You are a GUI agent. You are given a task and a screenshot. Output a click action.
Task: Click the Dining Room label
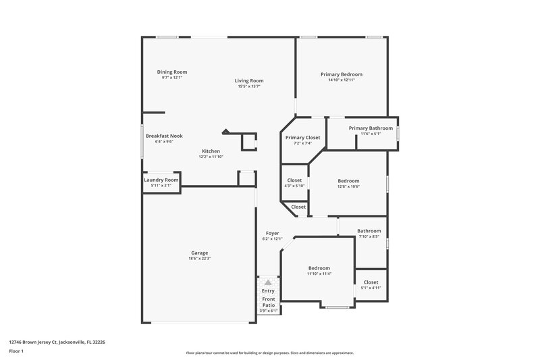[x=172, y=72]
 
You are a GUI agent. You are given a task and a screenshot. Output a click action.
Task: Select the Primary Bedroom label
[x=341, y=74]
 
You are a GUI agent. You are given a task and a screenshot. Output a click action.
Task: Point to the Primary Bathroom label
[x=371, y=128]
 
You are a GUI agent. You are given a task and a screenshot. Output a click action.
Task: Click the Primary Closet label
[x=302, y=138]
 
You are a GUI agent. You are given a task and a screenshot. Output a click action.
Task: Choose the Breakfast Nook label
[x=164, y=136]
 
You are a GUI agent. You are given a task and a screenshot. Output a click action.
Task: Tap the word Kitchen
[x=211, y=151]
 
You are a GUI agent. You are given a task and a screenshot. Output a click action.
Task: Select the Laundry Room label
[x=161, y=180]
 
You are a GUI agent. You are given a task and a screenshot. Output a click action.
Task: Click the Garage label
[x=199, y=253]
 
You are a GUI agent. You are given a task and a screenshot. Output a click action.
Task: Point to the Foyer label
[x=272, y=233]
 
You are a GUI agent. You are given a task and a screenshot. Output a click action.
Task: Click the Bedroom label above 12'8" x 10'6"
[x=348, y=180]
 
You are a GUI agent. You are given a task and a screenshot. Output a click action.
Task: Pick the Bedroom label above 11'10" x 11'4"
[x=319, y=267]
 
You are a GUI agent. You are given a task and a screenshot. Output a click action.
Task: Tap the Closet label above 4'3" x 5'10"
[x=294, y=180]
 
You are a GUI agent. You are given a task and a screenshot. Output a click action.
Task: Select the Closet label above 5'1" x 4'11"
[x=371, y=282]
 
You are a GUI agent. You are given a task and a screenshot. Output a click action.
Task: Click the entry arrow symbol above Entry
[x=268, y=282]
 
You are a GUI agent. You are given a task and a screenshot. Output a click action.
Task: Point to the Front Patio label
[x=269, y=302]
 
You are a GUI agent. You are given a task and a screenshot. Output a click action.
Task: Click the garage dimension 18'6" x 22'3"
[x=199, y=259]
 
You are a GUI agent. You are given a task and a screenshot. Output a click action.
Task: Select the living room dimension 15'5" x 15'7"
[x=249, y=86]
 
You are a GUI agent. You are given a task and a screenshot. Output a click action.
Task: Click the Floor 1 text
[x=16, y=351]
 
